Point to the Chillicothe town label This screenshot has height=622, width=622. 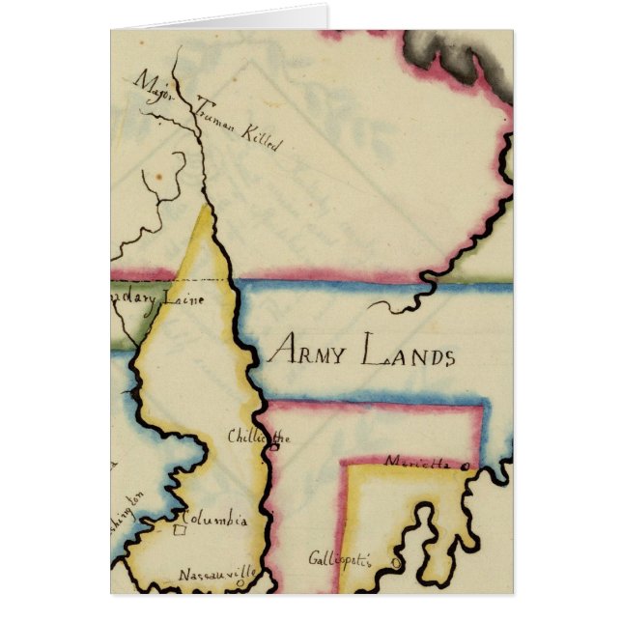pos(258,437)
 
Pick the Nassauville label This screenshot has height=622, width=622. pos(216,574)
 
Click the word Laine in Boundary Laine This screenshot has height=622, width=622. pos(182,298)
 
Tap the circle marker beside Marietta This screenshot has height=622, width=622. pos(466,466)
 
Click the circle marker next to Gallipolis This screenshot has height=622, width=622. pos(369,561)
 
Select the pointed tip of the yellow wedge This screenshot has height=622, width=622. pos(207,207)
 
